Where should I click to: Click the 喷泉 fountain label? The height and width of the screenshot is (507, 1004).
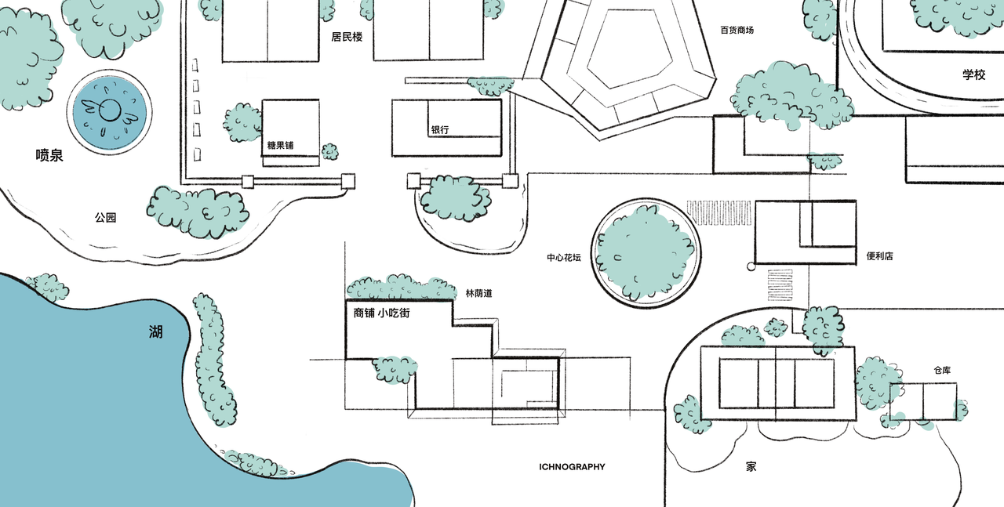click(49, 155)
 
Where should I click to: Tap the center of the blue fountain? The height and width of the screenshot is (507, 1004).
click(108, 113)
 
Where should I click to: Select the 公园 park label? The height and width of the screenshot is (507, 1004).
click(106, 218)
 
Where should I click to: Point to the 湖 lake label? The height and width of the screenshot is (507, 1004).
click(156, 332)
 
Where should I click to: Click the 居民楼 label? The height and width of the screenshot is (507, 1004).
click(347, 37)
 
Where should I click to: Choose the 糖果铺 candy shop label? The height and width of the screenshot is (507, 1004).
click(280, 145)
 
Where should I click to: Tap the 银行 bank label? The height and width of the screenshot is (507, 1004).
click(439, 130)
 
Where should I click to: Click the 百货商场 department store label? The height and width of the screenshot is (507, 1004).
click(737, 31)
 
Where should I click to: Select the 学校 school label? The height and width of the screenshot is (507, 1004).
click(973, 74)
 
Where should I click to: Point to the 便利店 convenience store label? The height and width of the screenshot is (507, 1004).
click(879, 256)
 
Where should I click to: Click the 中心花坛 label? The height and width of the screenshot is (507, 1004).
click(564, 257)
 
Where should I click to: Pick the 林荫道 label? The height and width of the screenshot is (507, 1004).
click(478, 293)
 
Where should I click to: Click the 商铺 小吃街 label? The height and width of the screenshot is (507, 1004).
click(381, 313)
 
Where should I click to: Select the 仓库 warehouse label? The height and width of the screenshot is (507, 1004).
click(942, 369)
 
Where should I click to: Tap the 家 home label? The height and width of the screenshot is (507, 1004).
click(751, 466)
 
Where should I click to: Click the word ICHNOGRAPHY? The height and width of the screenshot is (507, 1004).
click(572, 467)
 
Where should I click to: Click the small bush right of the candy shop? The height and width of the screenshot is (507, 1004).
click(330, 151)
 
